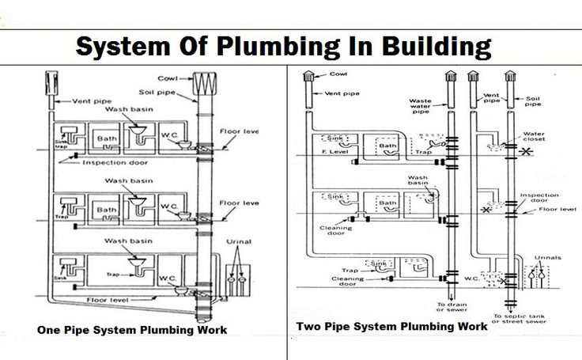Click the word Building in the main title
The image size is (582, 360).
[x=432, y=47]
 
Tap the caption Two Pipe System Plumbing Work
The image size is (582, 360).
[x=391, y=326]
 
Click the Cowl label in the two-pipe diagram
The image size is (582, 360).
[x=338, y=74]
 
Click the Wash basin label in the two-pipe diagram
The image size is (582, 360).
[x=418, y=180]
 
